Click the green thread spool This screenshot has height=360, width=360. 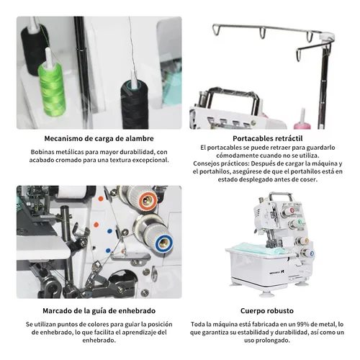(52, 88)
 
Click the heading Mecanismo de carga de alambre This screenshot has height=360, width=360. (99, 138)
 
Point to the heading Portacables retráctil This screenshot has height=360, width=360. (268, 138)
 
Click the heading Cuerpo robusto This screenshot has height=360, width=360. (267, 311)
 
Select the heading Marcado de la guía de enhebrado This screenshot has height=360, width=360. (99, 311)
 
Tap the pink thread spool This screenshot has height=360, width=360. (302, 122)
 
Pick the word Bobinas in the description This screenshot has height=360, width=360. (41, 152)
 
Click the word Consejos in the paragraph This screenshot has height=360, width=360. (206, 163)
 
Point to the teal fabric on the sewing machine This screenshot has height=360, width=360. (259, 248)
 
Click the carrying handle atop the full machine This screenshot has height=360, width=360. (281, 196)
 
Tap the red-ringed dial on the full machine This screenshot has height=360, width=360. (292, 210)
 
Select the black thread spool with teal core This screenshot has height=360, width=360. (135, 104)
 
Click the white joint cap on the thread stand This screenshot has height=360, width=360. (327, 37)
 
